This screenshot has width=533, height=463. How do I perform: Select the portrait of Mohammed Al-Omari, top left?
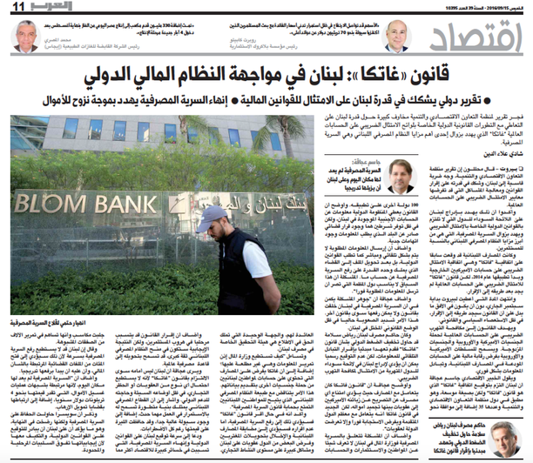coord(27,35)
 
